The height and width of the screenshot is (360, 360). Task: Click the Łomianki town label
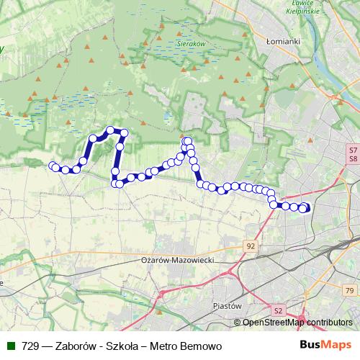283,42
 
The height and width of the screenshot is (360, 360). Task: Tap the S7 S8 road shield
353,154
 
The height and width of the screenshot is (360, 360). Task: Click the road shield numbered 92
251,246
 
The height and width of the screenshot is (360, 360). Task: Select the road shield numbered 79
350,290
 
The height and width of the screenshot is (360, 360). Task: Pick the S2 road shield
279,310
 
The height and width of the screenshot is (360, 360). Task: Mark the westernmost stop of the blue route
52,166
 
